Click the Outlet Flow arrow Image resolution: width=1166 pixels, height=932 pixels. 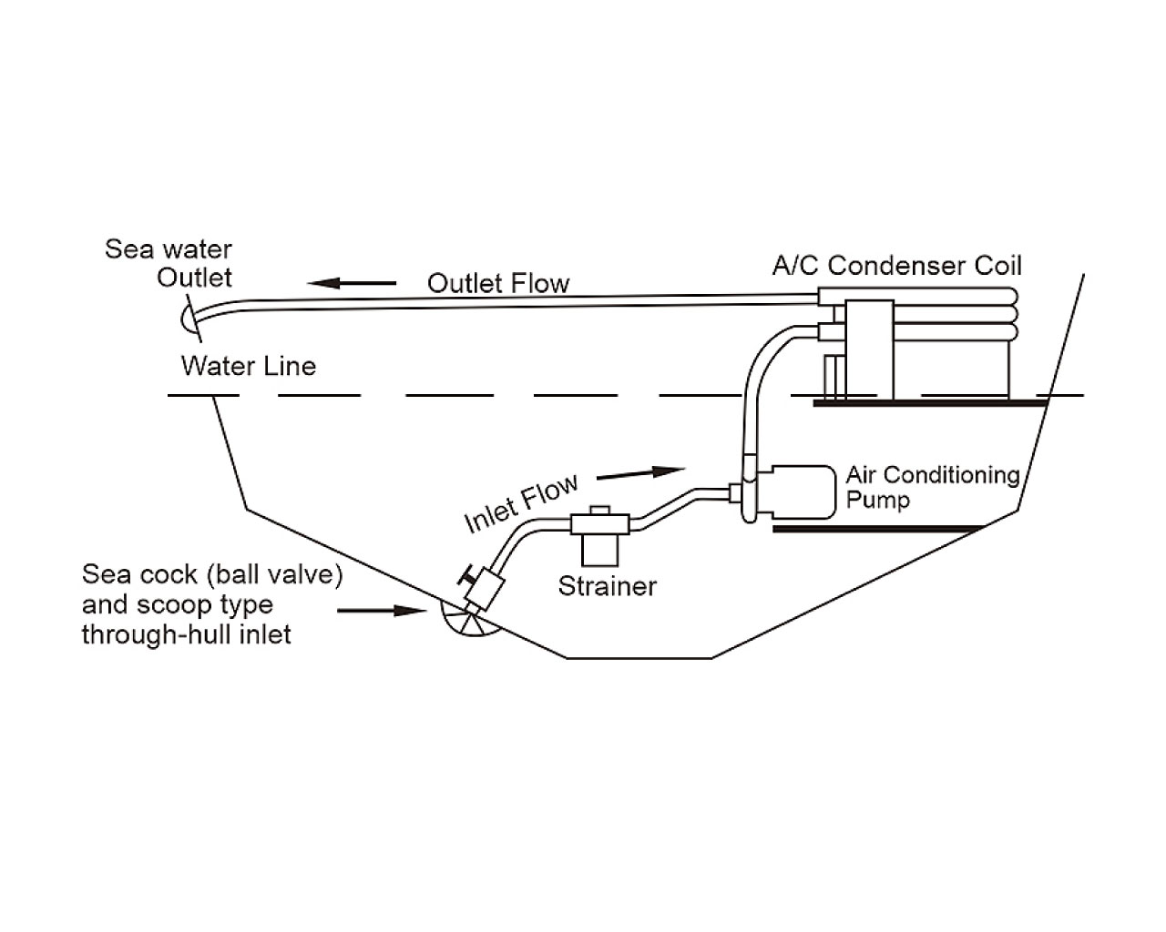352,283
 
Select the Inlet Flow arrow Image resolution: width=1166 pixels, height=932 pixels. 641,472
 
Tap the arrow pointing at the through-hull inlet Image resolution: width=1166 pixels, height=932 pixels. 382,611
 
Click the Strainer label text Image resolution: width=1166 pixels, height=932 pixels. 607,586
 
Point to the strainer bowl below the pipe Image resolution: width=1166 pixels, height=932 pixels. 599,550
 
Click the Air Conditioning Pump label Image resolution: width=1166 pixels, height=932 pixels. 933,487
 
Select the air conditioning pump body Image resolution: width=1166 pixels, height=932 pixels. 796,491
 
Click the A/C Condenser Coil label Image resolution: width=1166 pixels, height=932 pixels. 896,266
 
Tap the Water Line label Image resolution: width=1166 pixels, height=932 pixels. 248,366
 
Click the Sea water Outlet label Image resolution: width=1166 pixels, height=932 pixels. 169,263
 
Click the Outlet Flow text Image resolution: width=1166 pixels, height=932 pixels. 498,283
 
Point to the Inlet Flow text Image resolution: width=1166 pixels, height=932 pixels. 521,503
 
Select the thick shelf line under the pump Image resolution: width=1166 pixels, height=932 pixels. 878,529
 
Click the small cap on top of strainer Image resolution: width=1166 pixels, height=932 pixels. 599,510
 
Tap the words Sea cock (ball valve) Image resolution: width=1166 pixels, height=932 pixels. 212,574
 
